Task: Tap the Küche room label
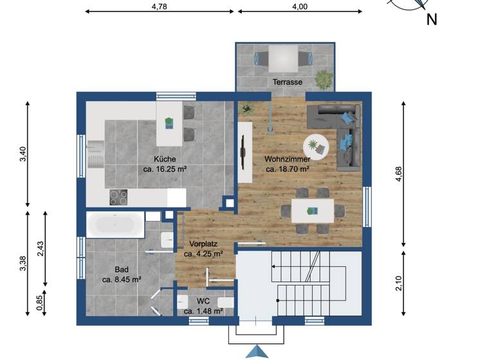tap(165, 159)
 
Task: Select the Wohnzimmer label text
tap(288, 159)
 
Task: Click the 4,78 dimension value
tap(160, 6)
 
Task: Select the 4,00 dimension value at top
tap(300, 6)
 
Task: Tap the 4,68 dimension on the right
tap(399, 174)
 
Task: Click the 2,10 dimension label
tap(399, 283)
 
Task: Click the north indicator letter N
tap(432, 19)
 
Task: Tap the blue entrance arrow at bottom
tap(257, 352)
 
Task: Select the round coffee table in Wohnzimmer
tap(316, 145)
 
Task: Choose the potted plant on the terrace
tap(324, 79)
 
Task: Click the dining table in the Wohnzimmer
tap(313, 210)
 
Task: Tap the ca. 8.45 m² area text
tap(122, 280)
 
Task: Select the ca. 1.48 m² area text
tap(203, 311)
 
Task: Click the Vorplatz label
tap(203, 244)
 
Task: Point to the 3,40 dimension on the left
tap(23, 154)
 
